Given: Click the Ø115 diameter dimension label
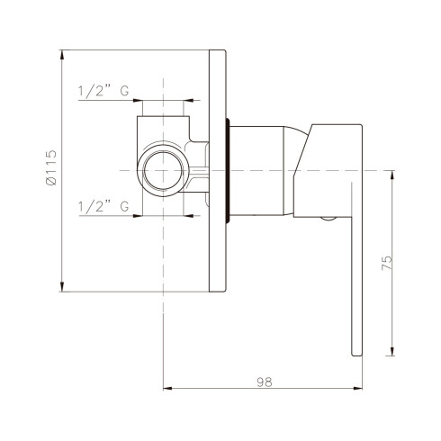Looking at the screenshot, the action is [51, 167].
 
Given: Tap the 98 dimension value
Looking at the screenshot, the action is [265, 382].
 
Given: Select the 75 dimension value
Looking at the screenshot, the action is [387, 263].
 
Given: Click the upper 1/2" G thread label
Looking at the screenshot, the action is [103, 90].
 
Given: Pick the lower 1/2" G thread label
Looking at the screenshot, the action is [103, 206].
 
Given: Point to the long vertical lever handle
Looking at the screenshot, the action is [356, 269].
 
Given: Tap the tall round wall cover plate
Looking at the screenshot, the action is [217, 171].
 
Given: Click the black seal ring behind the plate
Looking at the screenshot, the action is [228, 171].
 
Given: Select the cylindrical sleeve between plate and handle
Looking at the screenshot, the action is [257, 171].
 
